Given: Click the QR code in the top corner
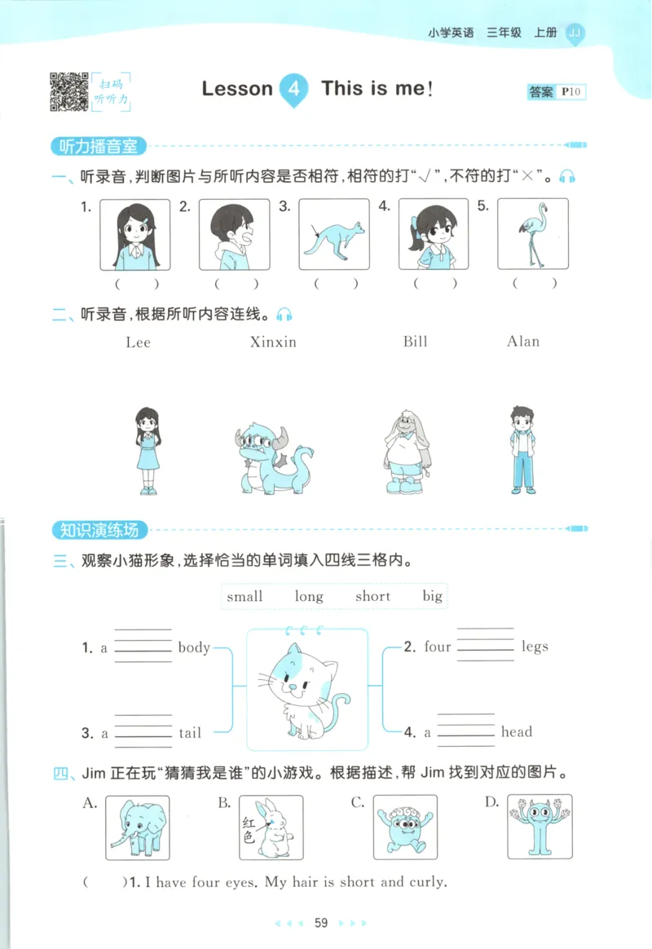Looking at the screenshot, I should click(70, 91).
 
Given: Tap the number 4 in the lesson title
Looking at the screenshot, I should click(294, 90).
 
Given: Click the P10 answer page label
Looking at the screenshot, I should click(572, 92).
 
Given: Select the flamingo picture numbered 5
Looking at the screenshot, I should click(533, 234).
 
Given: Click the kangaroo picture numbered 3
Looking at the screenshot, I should click(334, 234).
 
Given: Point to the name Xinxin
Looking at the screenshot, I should click(273, 342).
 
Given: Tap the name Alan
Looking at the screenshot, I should click(523, 341).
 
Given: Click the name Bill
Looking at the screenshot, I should click(415, 341).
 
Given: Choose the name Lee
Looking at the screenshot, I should click(139, 342).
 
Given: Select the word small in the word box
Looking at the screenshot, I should click(244, 596).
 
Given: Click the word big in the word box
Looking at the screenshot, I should click(432, 595).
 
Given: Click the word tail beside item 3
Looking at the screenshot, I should click(190, 732).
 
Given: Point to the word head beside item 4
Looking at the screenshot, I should click(517, 731).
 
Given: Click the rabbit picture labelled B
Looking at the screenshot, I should click(271, 827).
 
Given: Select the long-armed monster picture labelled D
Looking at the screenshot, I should click(540, 827).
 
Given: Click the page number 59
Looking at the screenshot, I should click(321, 923).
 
